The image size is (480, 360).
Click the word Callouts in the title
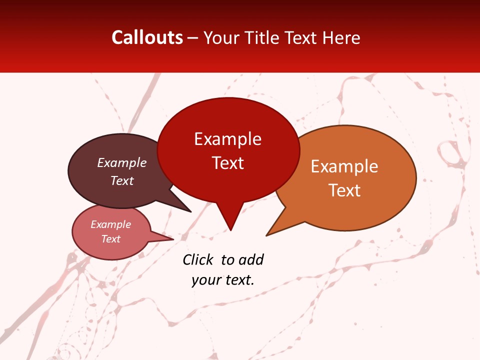(x=147, y=37)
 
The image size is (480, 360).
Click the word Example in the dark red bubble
(x=227, y=139)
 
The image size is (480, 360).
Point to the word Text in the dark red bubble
(x=227, y=163)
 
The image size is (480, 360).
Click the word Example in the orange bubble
(x=344, y=166)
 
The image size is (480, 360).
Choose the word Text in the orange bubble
(x=344, y=190)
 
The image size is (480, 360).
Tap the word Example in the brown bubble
(x=122, y=162)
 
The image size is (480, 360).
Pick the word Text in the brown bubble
(x=122, y=181)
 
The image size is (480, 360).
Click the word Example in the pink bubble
(x=111, y=224)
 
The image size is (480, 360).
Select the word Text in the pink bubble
(x=111, y=239)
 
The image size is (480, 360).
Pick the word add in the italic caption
(x=251, y=260)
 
